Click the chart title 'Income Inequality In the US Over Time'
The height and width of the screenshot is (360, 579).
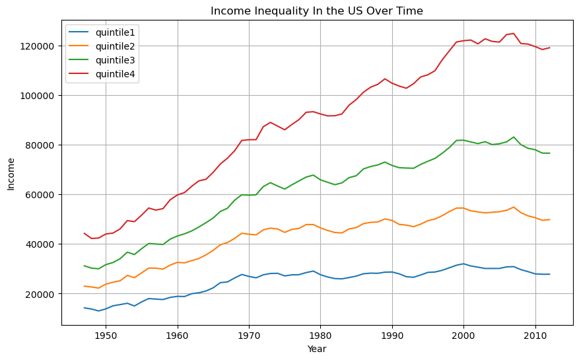(317, 11)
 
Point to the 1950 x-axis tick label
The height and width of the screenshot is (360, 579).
(106, 336)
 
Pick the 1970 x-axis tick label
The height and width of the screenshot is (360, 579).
(249, 336)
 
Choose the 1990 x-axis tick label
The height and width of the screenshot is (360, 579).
(392, 336)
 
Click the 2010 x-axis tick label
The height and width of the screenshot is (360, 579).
(535, 336)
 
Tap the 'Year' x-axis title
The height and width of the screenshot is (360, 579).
(317, 349)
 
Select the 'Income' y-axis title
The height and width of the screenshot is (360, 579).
(11, 174)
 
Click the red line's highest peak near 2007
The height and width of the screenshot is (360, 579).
(514, 34)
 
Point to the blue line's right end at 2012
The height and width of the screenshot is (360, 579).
(549, 274)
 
